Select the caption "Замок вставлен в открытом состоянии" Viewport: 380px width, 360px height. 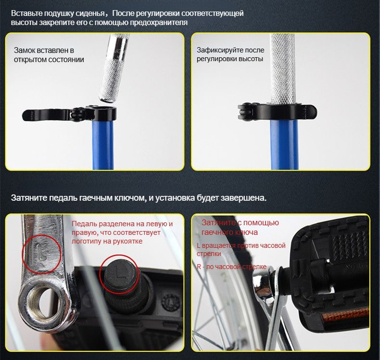(x=49, y=55)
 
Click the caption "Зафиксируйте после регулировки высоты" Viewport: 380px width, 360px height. (x=230, y=54)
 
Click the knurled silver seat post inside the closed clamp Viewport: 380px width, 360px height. (x=282, y=69)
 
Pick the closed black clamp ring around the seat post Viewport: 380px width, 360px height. (x=277, y=112)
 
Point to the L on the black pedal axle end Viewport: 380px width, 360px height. (x=119, y=273)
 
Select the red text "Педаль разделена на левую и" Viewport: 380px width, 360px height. (x=122, y=223)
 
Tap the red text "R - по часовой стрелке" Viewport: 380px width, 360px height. (x=232, y=267)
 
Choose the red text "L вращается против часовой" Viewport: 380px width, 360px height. (x=241, y=245)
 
